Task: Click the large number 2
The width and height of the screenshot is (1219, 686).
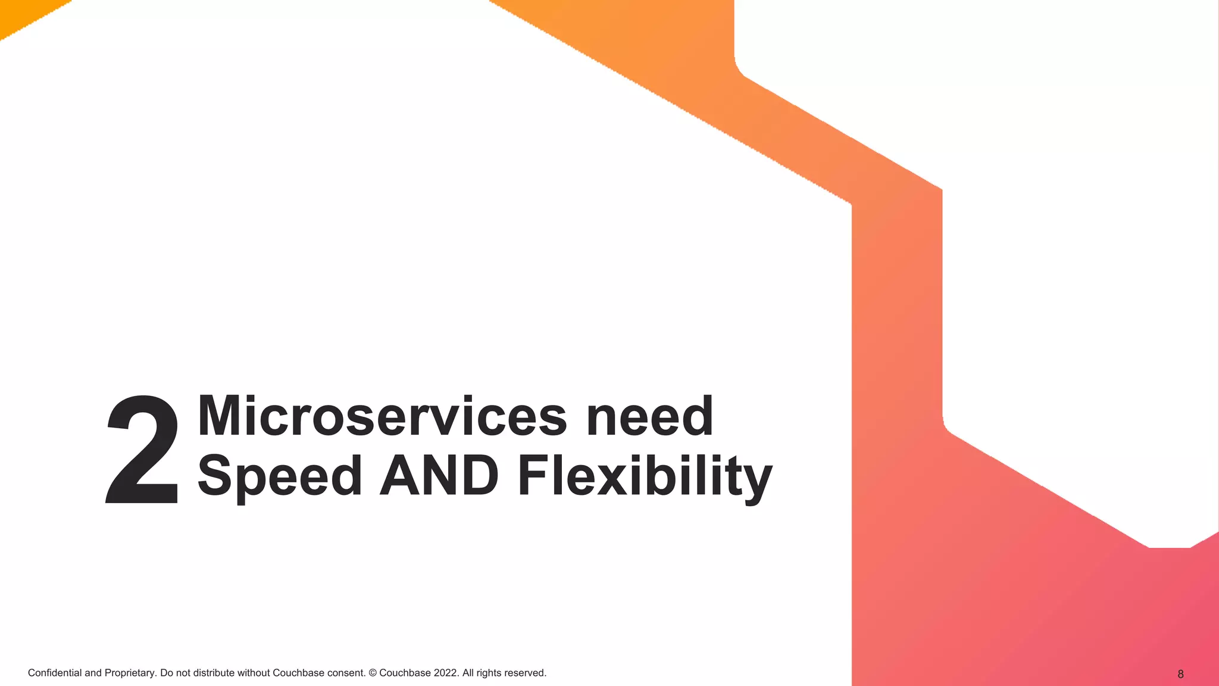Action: point(142,451)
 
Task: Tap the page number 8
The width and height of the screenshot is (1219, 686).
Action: point(1180,674)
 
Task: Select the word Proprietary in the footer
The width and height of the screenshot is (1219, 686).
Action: point(130,673)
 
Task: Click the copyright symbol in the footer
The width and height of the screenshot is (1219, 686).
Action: point(373,673)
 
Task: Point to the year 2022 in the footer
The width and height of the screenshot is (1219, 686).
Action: point(445,673)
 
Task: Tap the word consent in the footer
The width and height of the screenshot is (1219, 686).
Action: point(346,673)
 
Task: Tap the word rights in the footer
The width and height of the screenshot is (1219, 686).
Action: point(489,673)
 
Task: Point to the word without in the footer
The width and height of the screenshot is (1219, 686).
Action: point(254,673)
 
